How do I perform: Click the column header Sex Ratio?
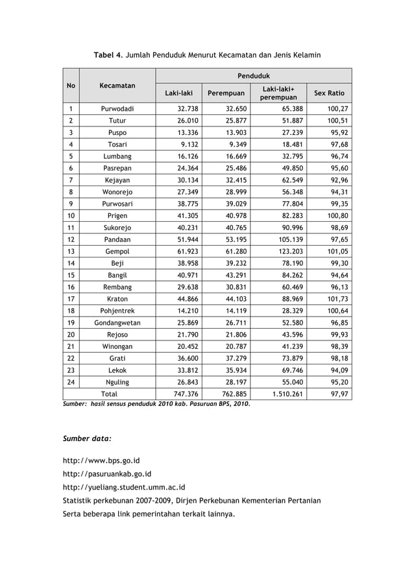(329, 93)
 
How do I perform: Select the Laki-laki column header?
(178, 93)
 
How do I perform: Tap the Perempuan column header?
(225, 93)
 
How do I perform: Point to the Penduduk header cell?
(254, 76)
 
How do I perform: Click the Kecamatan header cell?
(117, 85)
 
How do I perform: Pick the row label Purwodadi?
(117, 109)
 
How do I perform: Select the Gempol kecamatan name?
(117, 252)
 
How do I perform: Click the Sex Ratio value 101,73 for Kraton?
(337, 299)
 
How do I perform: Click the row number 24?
(71, 382)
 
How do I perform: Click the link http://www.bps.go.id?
(101, 461)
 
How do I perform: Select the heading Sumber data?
(87, 438)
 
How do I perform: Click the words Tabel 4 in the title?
(108, 55)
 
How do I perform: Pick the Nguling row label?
(117, 382)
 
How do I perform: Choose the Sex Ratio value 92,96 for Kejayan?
(337, 180)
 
